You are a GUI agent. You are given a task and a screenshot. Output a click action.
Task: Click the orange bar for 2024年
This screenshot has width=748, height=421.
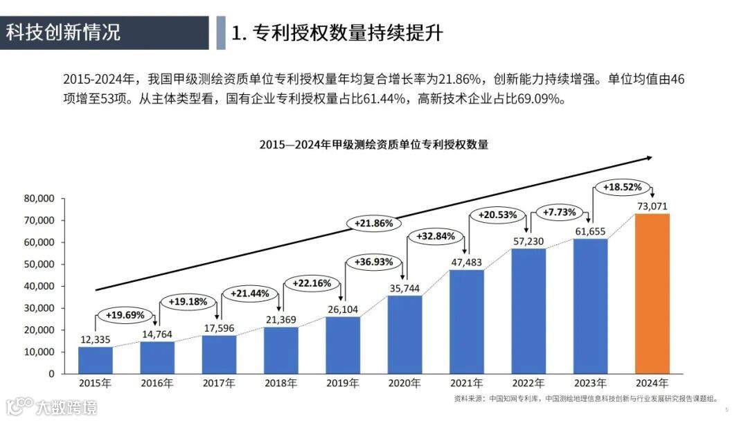point(652,294)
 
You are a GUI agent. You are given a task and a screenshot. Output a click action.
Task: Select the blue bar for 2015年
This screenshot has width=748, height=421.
point(96,359)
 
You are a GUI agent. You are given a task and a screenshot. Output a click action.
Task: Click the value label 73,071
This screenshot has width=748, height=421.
point(652,206)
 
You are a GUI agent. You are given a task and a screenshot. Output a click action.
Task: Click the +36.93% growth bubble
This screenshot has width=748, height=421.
point(373,262)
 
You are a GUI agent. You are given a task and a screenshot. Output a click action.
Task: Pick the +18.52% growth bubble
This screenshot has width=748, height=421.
point(622,187)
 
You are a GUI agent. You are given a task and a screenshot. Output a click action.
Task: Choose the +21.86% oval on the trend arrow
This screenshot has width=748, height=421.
point(373,224)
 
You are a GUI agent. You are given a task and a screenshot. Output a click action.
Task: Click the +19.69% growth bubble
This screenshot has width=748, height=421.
point(125,315)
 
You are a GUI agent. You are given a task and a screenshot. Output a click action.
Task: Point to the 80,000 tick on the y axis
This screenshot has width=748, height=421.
point(39,198)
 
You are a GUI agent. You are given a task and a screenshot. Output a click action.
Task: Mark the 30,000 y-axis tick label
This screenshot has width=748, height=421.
point(39,308)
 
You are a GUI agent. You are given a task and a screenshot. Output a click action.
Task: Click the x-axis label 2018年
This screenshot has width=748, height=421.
point(280,383)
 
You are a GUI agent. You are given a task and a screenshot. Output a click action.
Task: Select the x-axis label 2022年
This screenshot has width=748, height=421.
point(528,383)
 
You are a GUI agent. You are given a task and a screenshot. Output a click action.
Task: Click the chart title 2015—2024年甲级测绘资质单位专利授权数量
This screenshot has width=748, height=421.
point(373,145)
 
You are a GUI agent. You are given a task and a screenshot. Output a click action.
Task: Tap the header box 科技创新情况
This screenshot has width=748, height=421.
point(104,33)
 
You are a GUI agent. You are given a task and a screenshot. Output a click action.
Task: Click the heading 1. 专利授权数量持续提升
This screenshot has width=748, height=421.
point(337,33)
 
